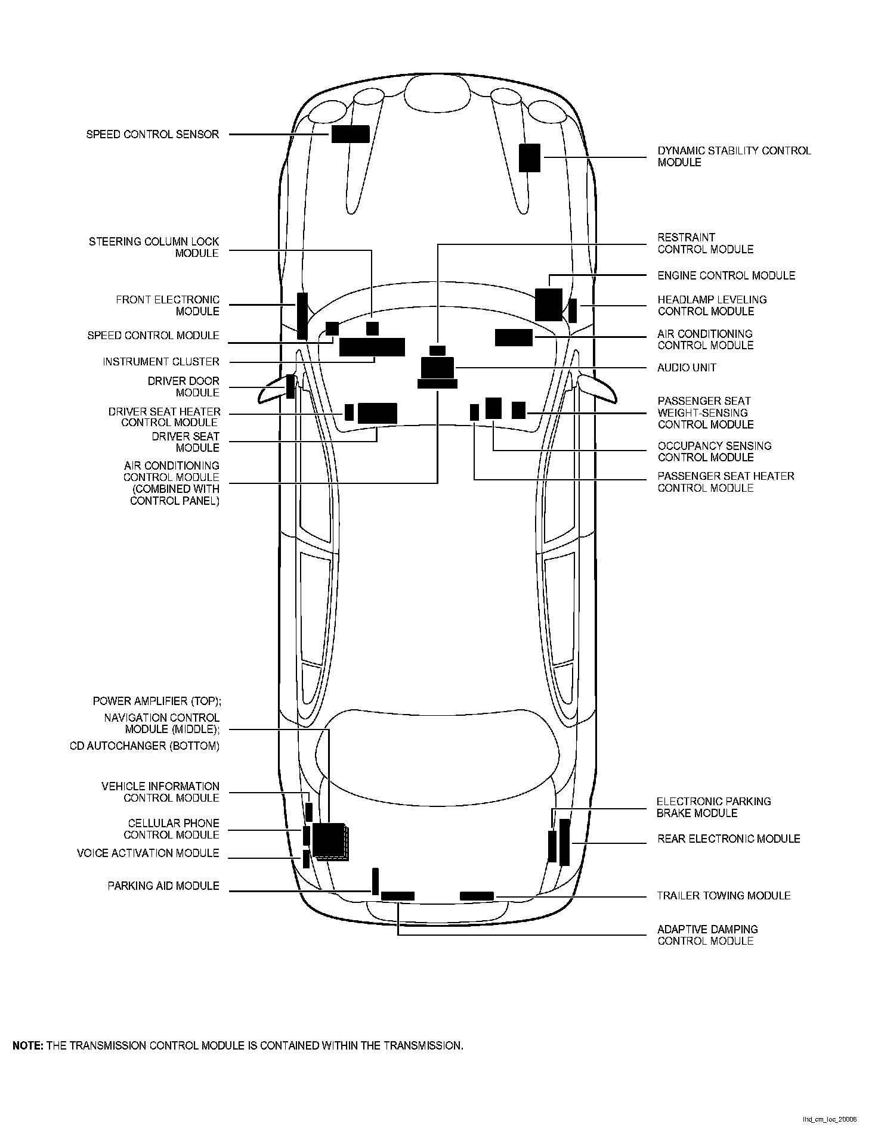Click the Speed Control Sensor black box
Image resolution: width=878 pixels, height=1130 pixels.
(x=350, y=134)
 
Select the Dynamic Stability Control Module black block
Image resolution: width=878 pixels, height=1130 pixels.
(x=529, y=158)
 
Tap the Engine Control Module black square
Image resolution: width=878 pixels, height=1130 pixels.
(x=548, y=305)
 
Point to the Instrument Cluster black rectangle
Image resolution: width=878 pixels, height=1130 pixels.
(x=372, y=347)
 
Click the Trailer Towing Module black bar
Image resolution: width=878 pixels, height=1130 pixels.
(x=477, y=896)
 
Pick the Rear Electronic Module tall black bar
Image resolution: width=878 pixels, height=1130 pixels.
(x=564, y=842)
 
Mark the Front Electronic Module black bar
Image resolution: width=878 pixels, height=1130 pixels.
(x=302, y=316)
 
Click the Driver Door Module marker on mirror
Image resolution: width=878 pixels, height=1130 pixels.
(x=290, y=386)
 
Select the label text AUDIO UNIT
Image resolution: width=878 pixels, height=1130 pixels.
(x=687, y=368)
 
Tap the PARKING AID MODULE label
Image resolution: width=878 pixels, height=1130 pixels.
(x=163, y=886)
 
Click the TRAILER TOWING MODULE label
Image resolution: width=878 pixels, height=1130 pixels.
(x=724, y=896)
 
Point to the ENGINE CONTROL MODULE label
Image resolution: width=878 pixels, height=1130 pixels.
(x=726, y=275)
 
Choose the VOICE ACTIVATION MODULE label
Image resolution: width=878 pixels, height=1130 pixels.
(x=148, y=853)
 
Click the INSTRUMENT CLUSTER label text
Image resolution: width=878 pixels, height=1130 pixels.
(x=161, y=362)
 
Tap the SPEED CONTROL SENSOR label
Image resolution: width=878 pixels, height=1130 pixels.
(x=153, y=135)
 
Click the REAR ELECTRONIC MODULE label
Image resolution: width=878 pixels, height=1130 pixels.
(x=728, y=839)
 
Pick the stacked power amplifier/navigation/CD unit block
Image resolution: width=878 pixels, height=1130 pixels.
(x=330, y=841)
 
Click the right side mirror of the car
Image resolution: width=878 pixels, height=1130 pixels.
(x=596, y=388)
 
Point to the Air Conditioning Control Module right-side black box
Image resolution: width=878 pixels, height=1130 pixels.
(x=514, y=337)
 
